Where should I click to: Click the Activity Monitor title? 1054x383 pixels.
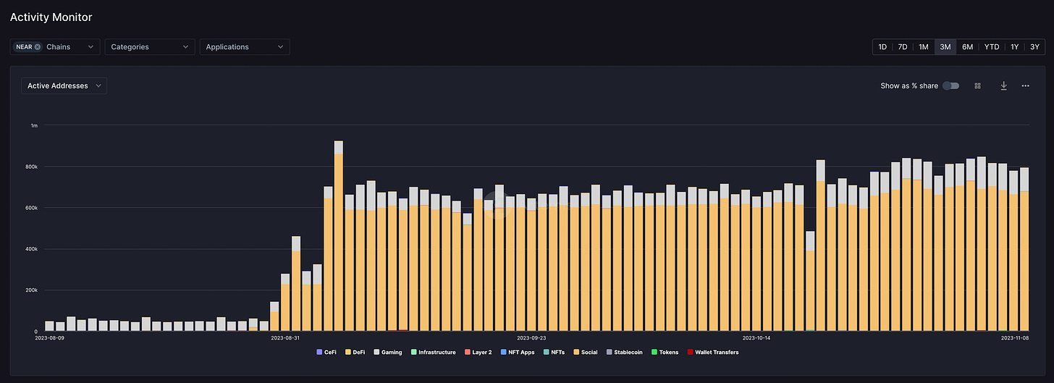(51, 17)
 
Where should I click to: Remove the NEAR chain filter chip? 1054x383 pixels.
(38, 46)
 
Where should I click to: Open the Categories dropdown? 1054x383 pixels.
(150, 46)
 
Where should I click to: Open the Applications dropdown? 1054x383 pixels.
(245, 46)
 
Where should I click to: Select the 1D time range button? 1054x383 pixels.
(882, 46)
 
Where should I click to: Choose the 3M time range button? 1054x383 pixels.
(945, 46)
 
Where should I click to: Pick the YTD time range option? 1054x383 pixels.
(992, 46)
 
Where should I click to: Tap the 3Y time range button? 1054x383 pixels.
(1034, 46)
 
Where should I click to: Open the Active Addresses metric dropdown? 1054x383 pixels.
(64, 85)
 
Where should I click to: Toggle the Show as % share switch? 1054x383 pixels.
(951, 85)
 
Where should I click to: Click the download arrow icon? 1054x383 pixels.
(1003, 85)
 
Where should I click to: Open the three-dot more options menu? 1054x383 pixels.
(1025, 85)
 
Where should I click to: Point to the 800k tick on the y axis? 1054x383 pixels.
(32, 167)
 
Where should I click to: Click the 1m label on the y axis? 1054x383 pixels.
(34, 126)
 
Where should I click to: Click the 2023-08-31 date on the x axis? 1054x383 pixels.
(285, 338)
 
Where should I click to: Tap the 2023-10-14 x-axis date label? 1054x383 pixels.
(756, 338)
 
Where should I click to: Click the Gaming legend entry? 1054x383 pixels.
(388, 352)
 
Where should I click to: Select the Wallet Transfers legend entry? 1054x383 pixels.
(713, 352)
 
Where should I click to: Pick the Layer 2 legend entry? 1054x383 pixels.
(478, 352)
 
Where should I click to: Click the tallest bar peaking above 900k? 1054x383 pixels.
(338, 235)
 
